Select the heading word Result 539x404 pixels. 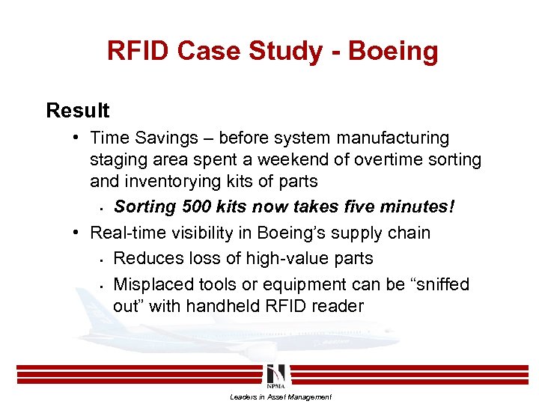point(77,111)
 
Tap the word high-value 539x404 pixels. point(257,258)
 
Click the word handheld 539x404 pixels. point(233,306)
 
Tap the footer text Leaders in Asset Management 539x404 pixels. point(281,397)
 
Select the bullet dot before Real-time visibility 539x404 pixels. point(77,233)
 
